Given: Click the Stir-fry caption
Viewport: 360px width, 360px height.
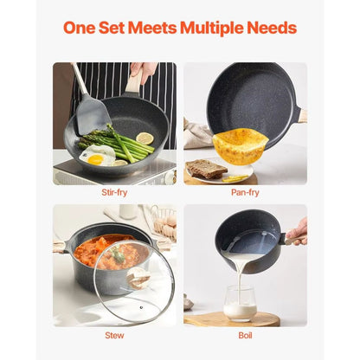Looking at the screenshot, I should [x=114, y=193].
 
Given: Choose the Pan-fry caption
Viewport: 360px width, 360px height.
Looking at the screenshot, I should [x=246, y=193].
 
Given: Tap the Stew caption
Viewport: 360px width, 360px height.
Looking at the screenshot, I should [x=114, y=335].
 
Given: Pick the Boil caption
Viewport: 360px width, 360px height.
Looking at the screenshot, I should [x=246, y=335].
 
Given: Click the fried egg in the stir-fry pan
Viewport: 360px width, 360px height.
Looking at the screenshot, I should [x=96, y=157].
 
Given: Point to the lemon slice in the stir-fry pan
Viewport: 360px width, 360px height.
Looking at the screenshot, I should [x=144, y=138].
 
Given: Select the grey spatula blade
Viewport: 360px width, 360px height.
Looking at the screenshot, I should [x=93, y=116].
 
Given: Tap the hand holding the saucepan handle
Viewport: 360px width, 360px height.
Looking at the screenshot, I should [x=297, y=230].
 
